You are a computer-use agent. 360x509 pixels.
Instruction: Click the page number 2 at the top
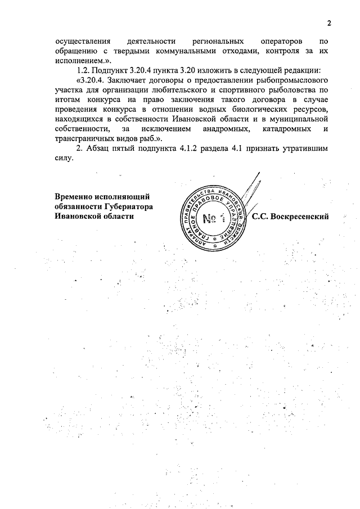[329, 22]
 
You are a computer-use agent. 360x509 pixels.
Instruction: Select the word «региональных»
[218, 41]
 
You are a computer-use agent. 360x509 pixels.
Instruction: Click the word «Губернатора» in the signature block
[129, 206]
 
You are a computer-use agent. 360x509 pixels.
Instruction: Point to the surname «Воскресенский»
[298, 216]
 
